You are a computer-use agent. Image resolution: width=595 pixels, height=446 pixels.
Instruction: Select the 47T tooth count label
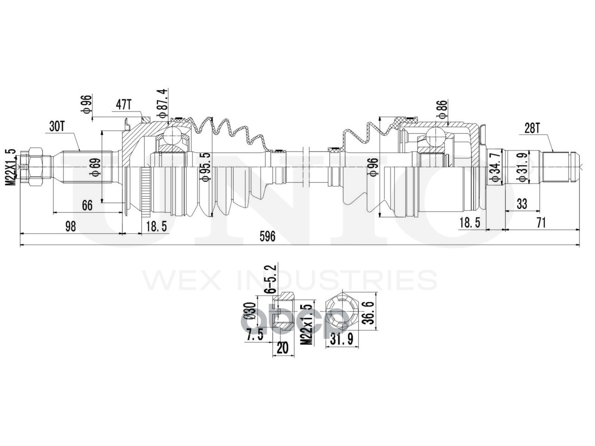123,105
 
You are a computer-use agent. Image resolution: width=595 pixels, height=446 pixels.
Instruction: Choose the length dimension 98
70,226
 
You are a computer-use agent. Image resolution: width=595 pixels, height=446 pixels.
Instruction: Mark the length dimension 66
87,204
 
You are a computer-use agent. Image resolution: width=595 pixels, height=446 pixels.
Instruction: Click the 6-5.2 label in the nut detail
271,279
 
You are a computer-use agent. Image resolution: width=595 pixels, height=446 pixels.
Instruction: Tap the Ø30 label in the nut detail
252,310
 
